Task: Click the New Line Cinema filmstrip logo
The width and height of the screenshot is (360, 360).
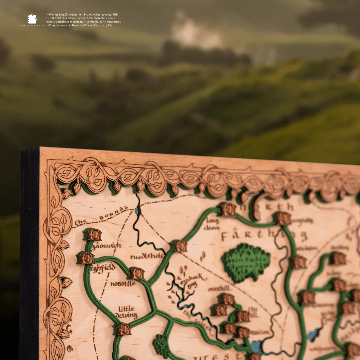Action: click(x=32, y=19)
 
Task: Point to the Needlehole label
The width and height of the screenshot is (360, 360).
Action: click(x=147, y=256)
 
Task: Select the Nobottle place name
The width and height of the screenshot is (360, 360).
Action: click(x=123, y=283)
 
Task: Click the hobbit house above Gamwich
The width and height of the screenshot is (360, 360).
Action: click(x=93, y=235)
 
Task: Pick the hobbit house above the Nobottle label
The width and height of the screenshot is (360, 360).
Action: click(x=137, y=273)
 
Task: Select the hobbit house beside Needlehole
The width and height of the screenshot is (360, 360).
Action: click(x=181, y=246)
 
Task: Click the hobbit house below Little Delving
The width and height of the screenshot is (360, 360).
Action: click(x=123, y=329)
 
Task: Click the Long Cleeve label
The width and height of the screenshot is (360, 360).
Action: click(x=212, y=224)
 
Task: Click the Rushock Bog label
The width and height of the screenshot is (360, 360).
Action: click(x=192, y=280)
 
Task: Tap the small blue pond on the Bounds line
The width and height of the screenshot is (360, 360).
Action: click(x=137, y=211)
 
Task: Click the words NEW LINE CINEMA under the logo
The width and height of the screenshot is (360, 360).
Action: click(x=32, y=25)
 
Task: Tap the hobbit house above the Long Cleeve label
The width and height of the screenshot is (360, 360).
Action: click(x=228, y=210)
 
